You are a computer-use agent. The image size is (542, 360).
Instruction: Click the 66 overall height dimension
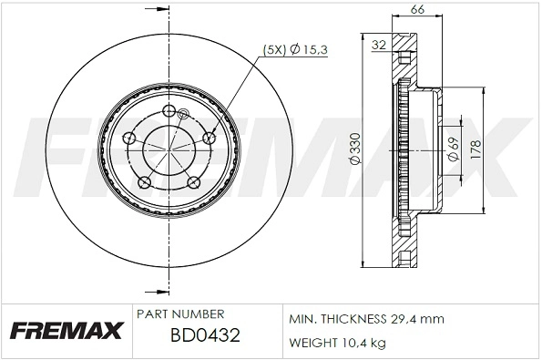tap(418, 9)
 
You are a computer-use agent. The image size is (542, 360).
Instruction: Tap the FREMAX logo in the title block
tap(66, 329)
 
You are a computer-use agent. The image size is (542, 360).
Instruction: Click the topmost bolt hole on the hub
tap(169, 111)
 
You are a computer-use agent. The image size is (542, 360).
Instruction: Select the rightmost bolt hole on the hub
tap(210, 138)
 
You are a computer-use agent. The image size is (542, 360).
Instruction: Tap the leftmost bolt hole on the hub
tap(129, 139)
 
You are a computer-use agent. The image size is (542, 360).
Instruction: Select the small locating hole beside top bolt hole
tap(182, 115)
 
